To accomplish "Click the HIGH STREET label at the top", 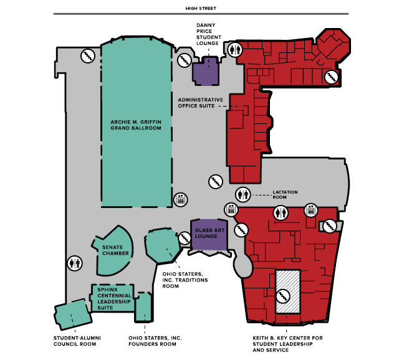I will coord(199,9).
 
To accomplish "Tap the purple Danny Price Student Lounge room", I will coord(206,72).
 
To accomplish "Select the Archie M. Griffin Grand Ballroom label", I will coord(135,125).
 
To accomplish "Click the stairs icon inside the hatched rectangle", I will coord(288,292).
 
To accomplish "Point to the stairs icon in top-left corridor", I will coord(87,55).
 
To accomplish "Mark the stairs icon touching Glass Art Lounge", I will coord(185,238).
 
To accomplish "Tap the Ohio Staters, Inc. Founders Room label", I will coord(155,341).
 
